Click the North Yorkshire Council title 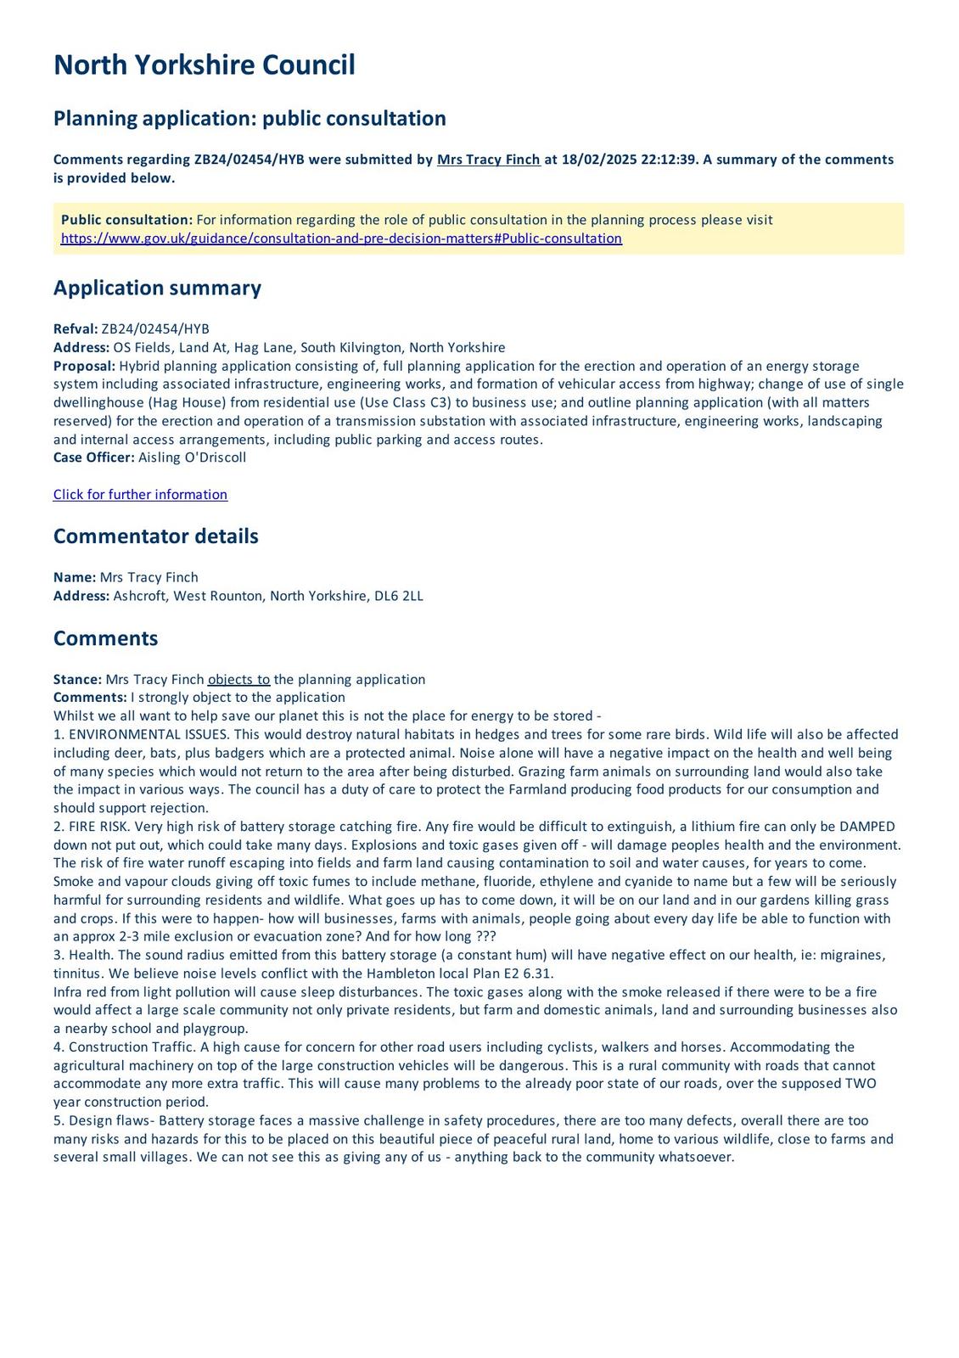click(x=204, y=65)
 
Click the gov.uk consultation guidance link click(x=341, y=238)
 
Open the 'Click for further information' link click(x=140, y=495)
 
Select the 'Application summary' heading click(x=157, y=288)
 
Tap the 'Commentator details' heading click(x=155, y=536)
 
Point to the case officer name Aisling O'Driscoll click(x=192, y=457)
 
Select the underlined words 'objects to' click(x=238, y=680)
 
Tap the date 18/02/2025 click(x=593, y=160)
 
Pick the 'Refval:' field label click(x=76, y=329)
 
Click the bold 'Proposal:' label click(x=84, y=366)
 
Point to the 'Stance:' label click(x=77, y=680)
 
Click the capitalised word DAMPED click(x=866, y=827)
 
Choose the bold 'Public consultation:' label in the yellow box click(x=126, y=220)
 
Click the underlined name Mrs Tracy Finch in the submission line click(x=488, y=160)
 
